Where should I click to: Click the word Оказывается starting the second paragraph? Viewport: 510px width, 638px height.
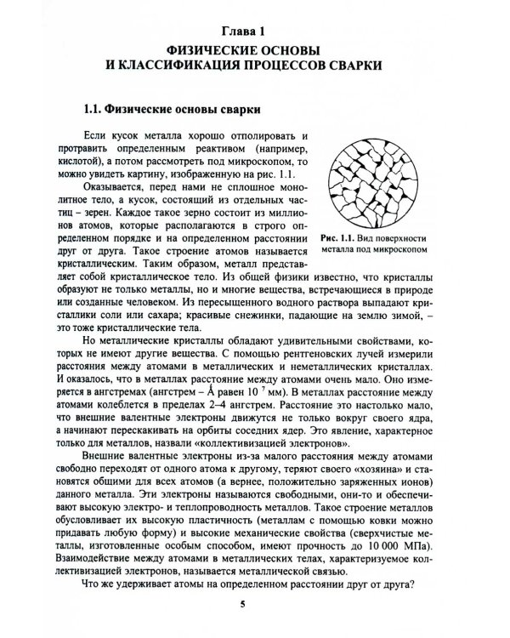[x=135, y=201]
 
